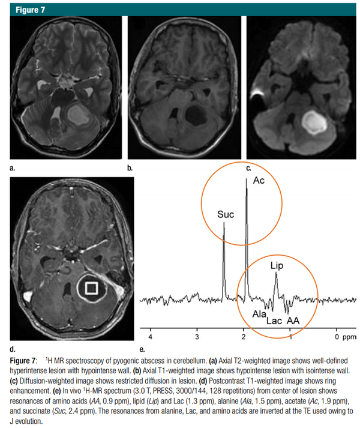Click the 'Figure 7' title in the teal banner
[30, 10]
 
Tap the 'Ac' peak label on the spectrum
[259, 181]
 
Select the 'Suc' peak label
[226, 214]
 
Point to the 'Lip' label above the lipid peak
[277, 265]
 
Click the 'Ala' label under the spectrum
[259, 314]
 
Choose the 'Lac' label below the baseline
[274, 321]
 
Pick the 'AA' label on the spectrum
[293, 321]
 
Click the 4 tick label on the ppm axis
[150, 337]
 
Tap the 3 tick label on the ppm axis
[197, 337]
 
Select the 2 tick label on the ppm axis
[244, 337]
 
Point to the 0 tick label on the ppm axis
[337, 337]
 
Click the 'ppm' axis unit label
[349, 337]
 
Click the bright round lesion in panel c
[314, 122]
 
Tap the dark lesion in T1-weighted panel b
[196, 115]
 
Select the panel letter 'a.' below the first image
[12, 168]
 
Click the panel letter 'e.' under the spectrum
[142, 349]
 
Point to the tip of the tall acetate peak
[246, 178]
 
